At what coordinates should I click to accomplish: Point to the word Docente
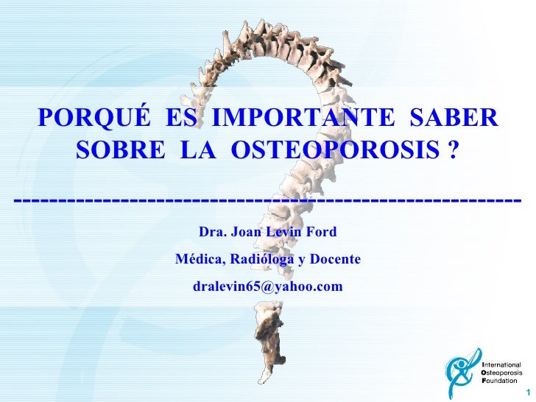coord(335,260)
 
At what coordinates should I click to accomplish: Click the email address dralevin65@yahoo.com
coord(267,286)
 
